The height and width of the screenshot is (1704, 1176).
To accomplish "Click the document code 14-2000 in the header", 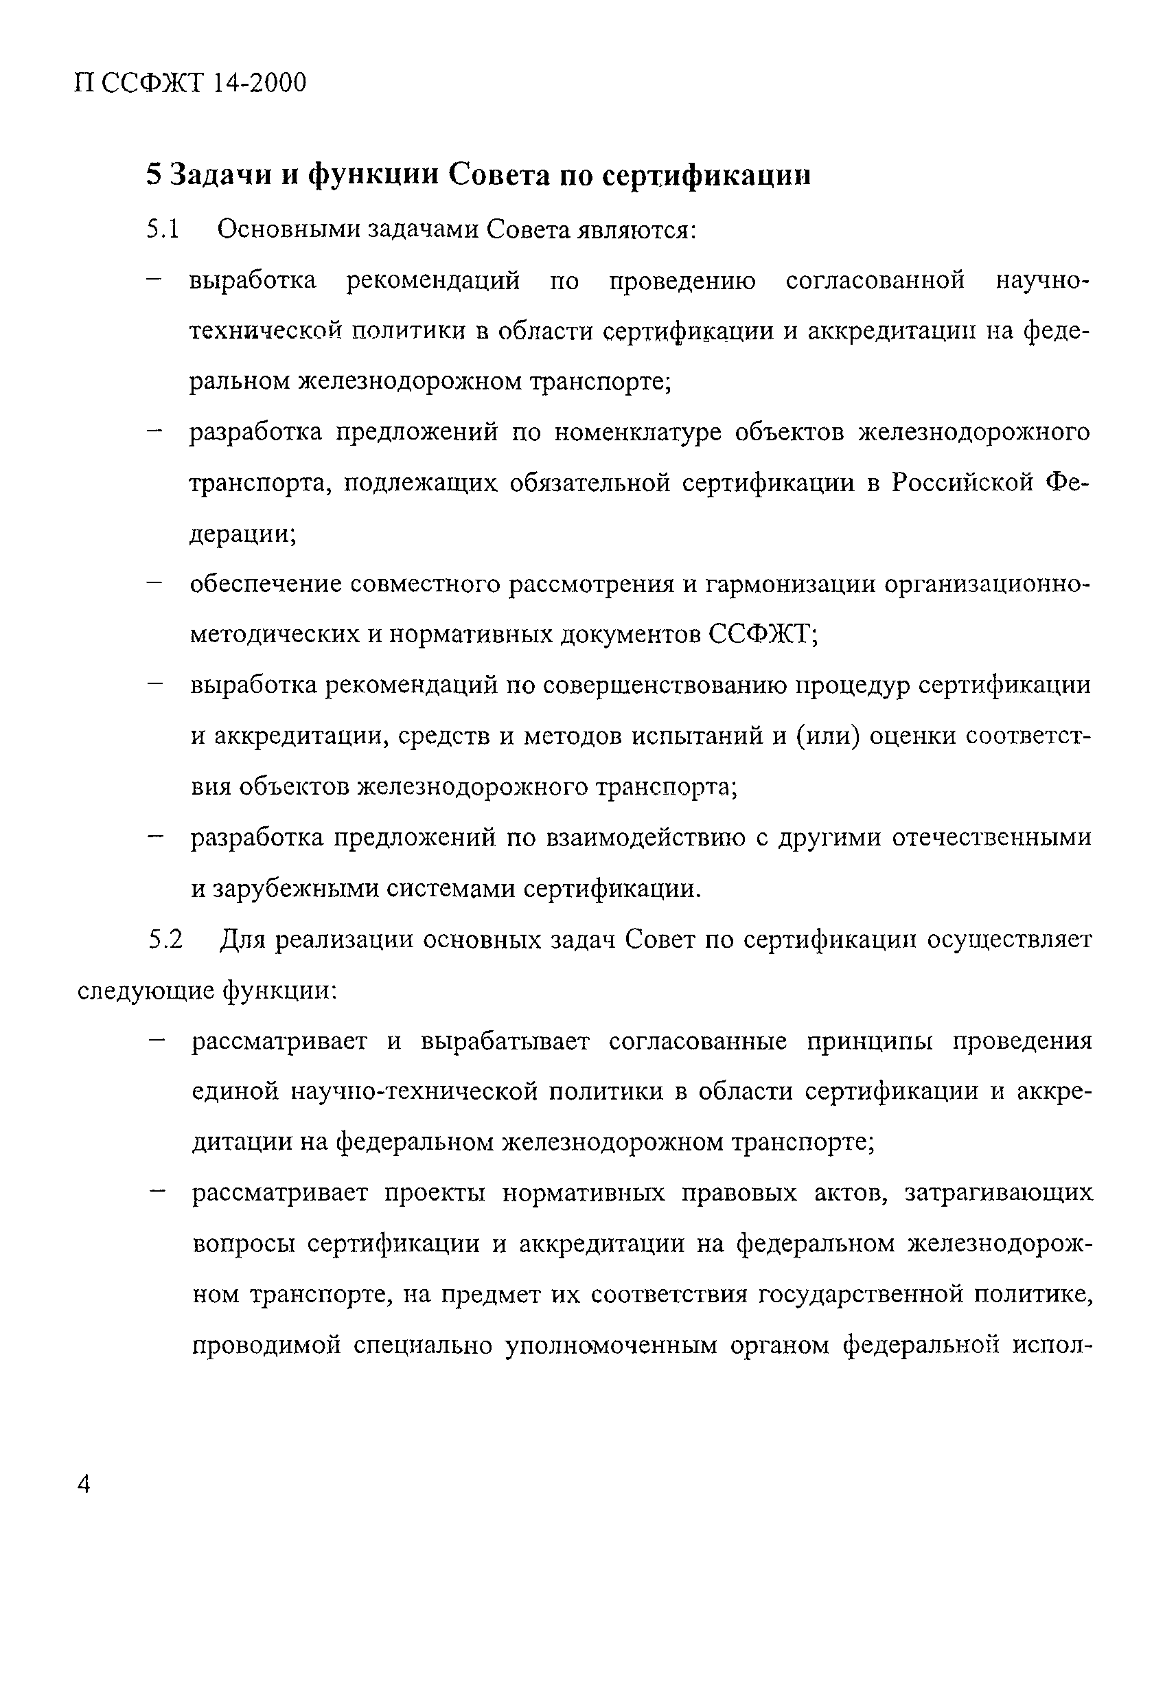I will point(258,83).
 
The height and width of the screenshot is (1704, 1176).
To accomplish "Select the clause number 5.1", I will point(163,230).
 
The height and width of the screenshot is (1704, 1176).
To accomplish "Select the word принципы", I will point(872,1041).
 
